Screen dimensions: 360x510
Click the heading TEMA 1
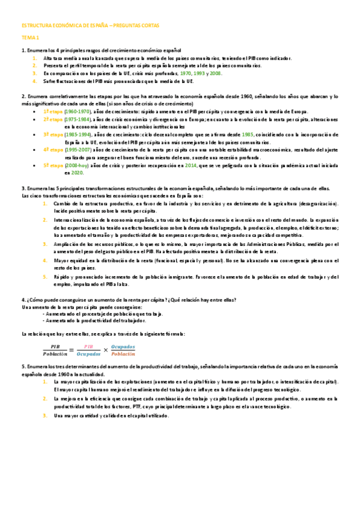(29, 37)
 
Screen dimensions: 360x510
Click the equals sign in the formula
(72, 351)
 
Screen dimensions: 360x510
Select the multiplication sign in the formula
(106, 351)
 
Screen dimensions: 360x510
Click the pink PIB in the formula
(88, 347)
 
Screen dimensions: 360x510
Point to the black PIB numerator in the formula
(55, 347)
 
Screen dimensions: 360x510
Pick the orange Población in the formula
(123, 355)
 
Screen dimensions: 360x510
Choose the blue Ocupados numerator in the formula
(123, 347)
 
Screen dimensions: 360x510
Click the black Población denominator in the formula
(55, 355)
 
